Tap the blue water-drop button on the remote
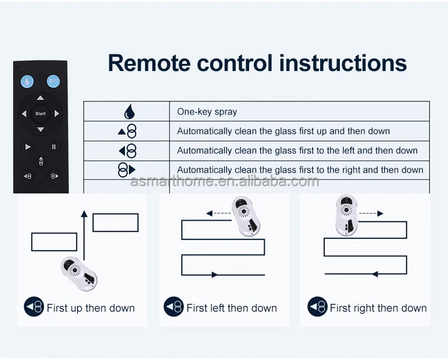point(27,82)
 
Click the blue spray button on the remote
point(53,82)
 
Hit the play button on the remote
point(27,146)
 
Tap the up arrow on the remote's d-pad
point(40,98)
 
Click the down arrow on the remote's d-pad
point(40,129)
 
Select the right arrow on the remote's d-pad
point(57,113)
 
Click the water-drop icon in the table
point(129,112)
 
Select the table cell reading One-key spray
point(207,112)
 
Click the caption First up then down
point(91,308)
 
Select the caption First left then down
point(231,308)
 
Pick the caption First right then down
point(378,308)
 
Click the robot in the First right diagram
point(346,215)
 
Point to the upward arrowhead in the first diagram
point(84,213)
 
